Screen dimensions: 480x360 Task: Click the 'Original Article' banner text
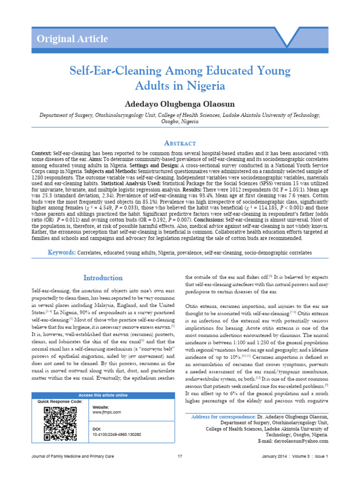pyautogui.click(x=72, y=39)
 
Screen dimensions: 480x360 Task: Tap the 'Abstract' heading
pyautogui.click(x=180, y=143)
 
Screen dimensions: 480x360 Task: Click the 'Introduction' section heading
pyautogui.click(x=103, y=278)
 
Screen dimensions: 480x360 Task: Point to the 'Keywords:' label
pyautogui.click(x=62, y=253)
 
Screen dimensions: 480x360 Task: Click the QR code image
pyautogui.click(x=60, y=424)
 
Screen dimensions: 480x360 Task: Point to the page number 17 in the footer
pyautogui.click(x=180, y=456)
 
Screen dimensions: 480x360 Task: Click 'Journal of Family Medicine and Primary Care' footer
pyautogui.click(x=72, y=456)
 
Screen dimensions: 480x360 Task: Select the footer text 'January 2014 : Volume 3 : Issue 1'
pyautogui.click(x=295, y=456)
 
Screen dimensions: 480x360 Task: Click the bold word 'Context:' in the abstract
pyautogui.click(x=41, y=154)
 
